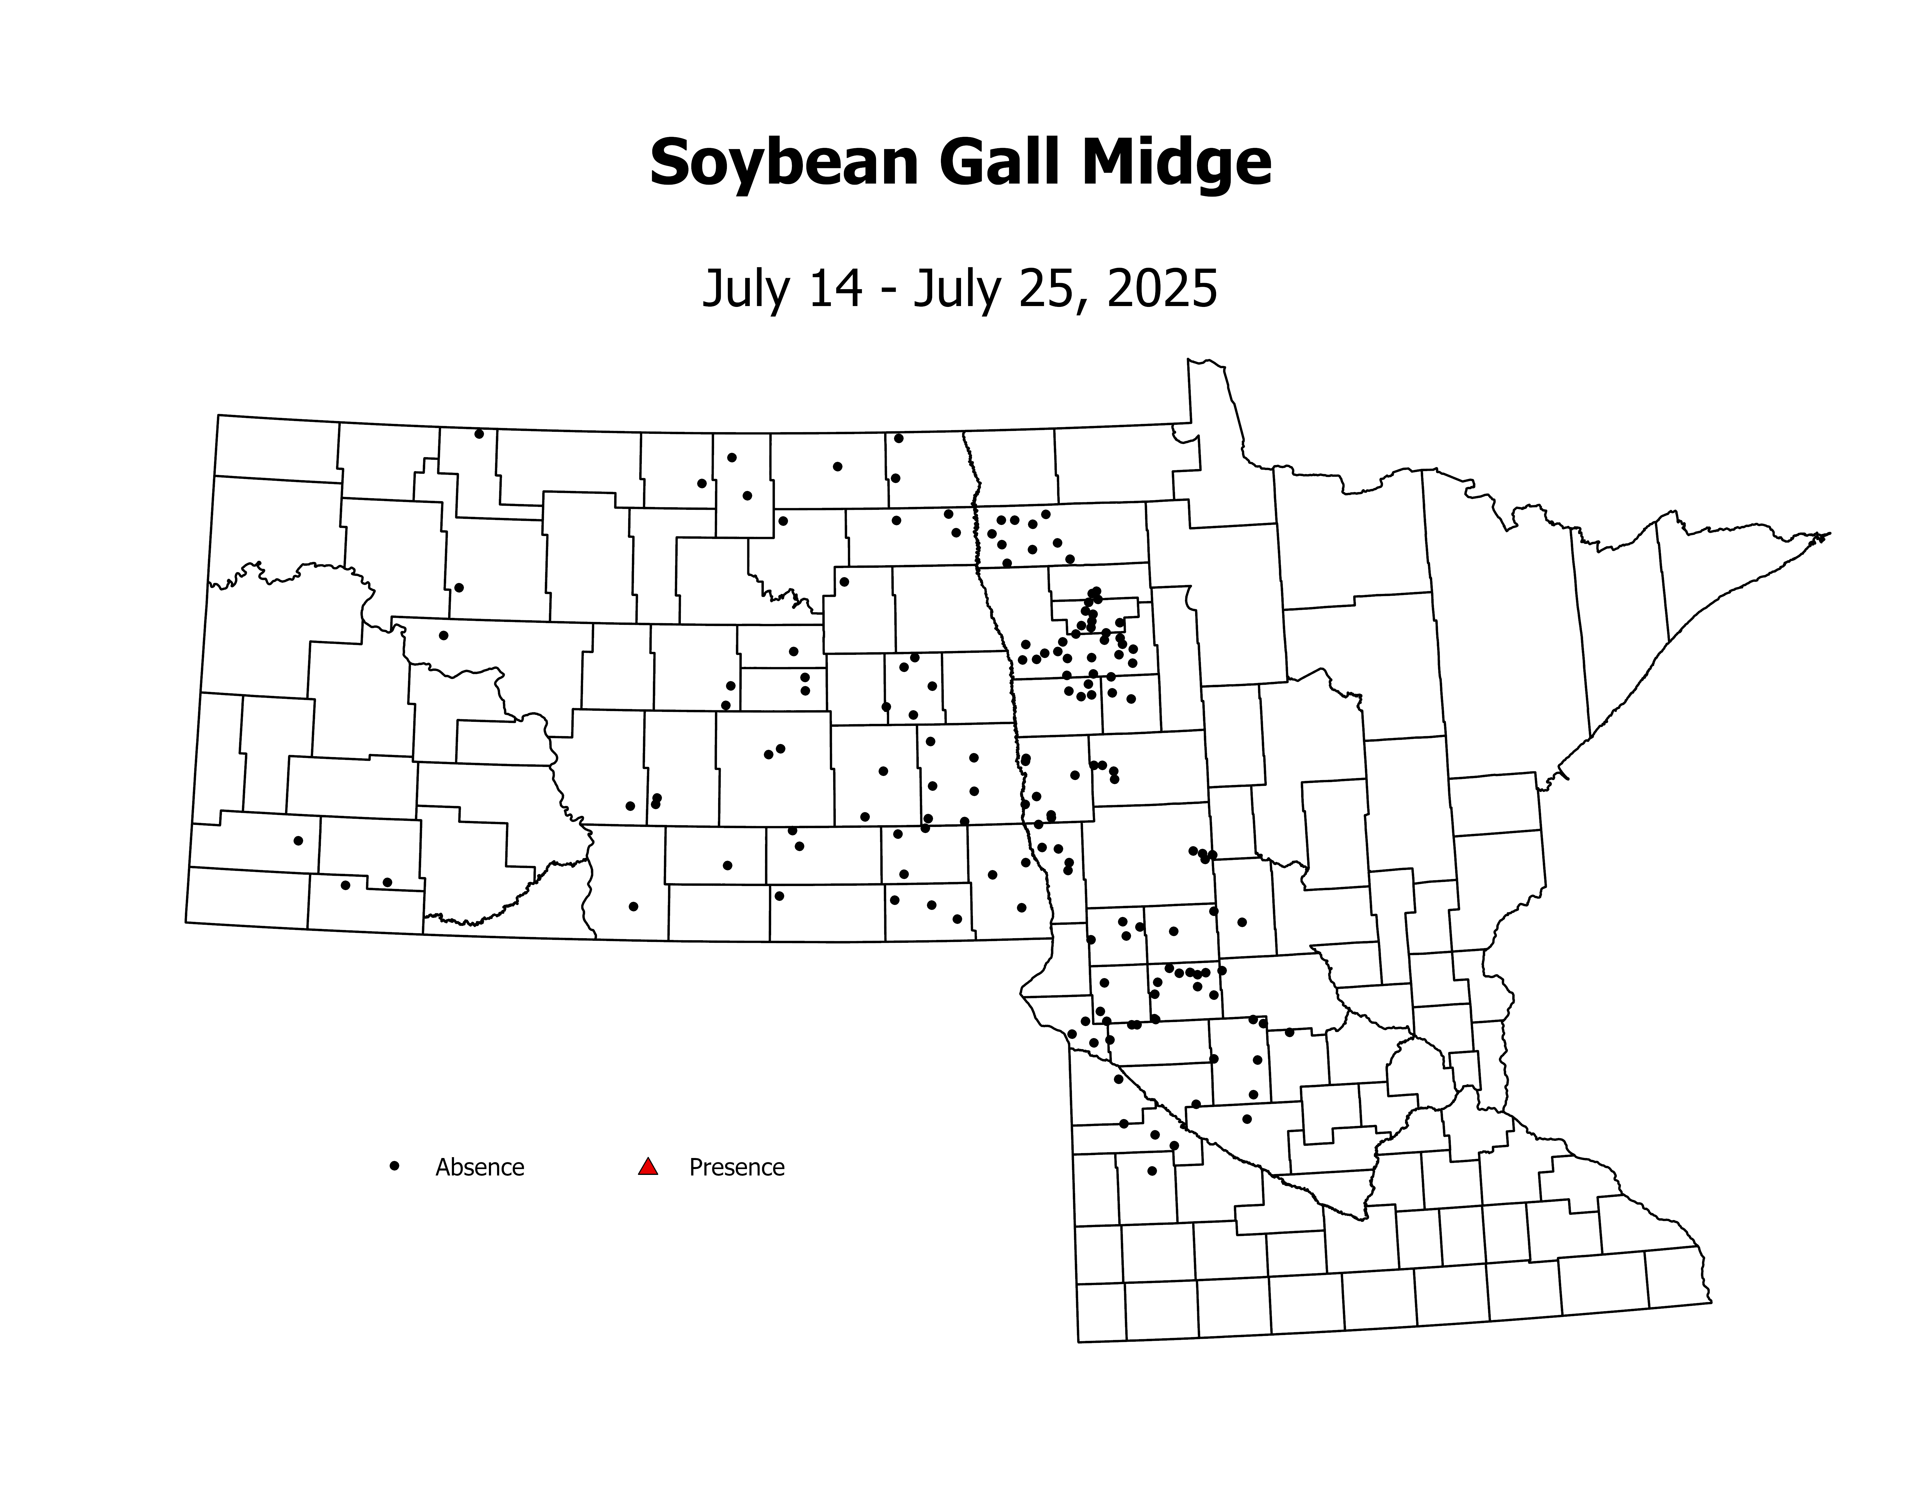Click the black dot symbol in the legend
pyautogui.click(x=394, y=1166)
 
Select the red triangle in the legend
pyautogui.click(x=648, y=1166)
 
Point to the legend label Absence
pyautogui.click(x=480, y=1167)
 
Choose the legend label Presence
pyautogui.click(x=736, y=1167)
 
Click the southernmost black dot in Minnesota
pyautogui.click(x=1152, y=1171)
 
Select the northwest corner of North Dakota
pyautogui.click(x=218, y=415)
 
